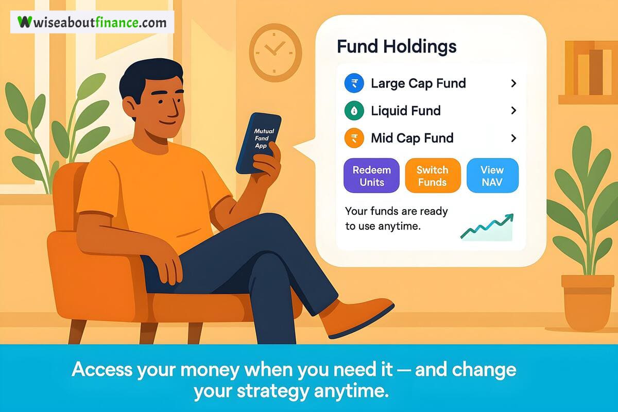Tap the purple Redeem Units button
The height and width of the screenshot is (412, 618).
(371, 176)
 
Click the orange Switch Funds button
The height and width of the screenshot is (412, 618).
(433, 176)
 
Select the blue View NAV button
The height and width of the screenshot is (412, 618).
(492, 176)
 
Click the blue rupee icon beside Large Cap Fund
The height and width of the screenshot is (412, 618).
(354, 83)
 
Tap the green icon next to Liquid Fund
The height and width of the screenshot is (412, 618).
(354, 111)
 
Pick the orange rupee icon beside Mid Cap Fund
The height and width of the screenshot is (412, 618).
(354, 138)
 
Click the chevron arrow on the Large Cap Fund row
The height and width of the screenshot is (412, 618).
(513, 83)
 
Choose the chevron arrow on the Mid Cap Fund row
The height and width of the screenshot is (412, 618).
(513, 138)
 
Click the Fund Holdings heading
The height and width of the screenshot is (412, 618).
(397, 46)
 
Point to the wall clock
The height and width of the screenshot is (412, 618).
(276, 53)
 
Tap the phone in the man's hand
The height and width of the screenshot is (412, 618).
(259, 143)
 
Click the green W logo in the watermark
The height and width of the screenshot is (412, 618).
(25, 22)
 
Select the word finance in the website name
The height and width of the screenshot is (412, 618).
(117, 22)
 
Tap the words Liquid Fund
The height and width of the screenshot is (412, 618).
(406, 111)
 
